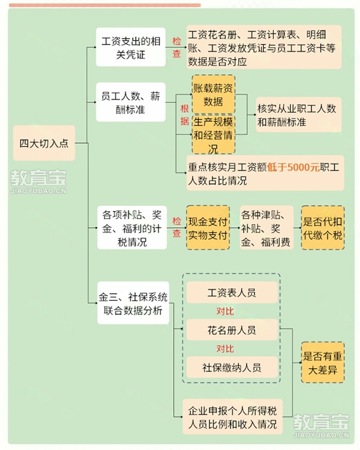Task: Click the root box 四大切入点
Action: coord(44,143)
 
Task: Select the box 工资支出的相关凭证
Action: coord(131,47)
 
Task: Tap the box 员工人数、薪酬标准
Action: coord(131,102)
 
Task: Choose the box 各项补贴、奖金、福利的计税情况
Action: coord(132,228)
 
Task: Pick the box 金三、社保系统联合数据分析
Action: coord(133,303)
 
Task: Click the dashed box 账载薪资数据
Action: coord(213,95)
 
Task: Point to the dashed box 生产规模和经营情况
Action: coord(213,135)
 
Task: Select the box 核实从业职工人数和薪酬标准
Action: coord(299,115)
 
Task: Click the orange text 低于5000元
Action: coord(293,167)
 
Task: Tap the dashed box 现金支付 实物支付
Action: coord(208,228)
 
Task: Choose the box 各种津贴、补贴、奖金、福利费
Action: coord(266,228)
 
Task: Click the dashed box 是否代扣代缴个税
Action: coord(322,228)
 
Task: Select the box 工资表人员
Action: coord(232,293)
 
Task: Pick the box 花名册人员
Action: coord(232,330)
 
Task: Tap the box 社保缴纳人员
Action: coord(232,367)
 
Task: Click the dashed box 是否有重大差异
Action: coord(322,363)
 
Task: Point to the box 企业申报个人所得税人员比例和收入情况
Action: coord(232,417)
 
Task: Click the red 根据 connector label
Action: coord(185,115)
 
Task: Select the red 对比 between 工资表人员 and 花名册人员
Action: coord(225,311)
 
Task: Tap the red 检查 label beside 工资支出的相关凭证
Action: coord(176,47)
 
